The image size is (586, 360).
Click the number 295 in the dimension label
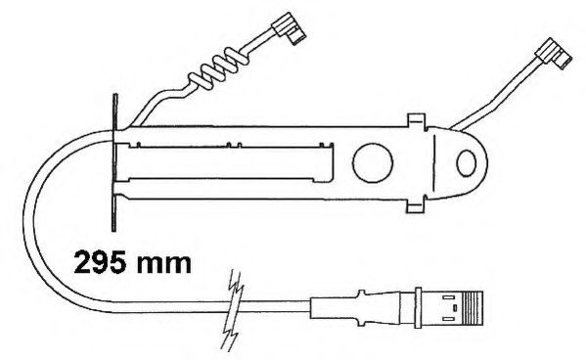point(100,263)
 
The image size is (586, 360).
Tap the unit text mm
point(163,265)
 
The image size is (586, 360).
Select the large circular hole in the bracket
point(373,162)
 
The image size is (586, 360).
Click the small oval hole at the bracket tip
point(466,163)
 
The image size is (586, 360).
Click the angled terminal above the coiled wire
point(289,28)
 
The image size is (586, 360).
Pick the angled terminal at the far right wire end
point(554,54)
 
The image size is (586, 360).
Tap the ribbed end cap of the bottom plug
point(473,307)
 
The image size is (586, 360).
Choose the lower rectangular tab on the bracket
point(417,205)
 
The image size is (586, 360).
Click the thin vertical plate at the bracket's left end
point(114,162)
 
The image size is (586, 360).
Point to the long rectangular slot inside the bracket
point(224,162)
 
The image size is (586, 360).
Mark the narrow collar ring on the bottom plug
point(418,307)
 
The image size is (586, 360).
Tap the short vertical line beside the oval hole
point(434,163)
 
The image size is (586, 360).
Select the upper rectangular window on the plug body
point(449,297)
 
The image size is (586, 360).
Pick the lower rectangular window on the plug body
point(449,319)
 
